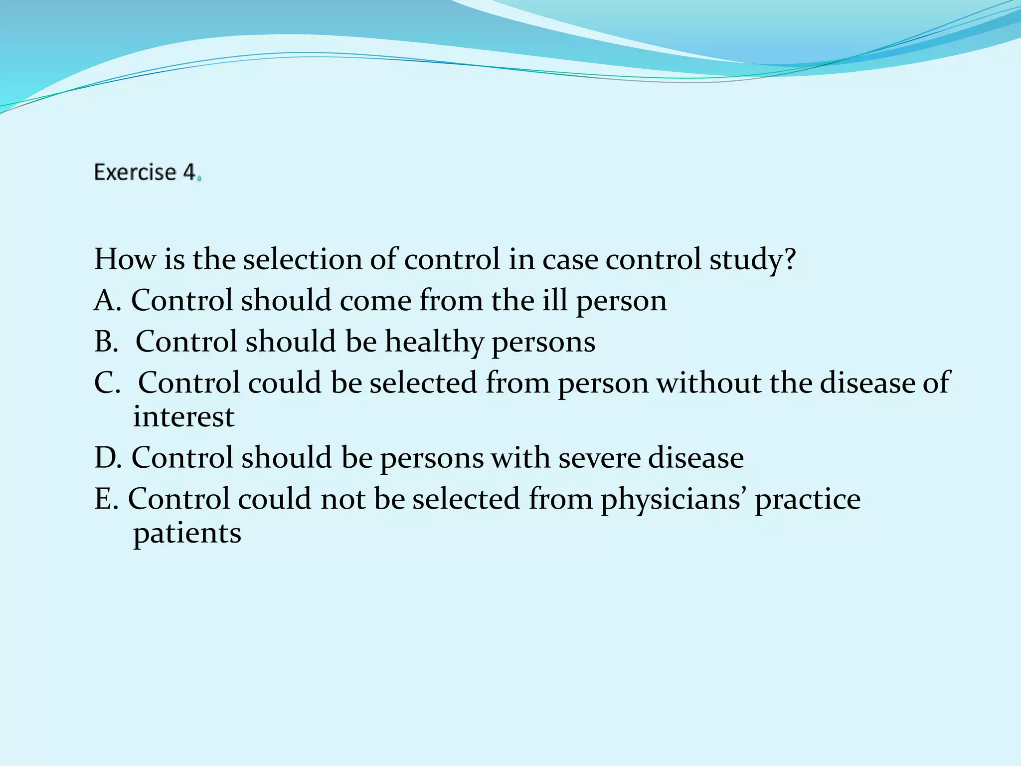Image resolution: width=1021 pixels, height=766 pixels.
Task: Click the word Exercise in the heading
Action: (x=135, y=173)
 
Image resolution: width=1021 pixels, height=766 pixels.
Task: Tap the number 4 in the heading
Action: (x=189, y=173)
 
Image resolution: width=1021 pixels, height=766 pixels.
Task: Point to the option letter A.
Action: (x=106, y=301)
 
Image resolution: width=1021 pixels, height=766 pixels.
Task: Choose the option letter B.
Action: (x=104, y=342)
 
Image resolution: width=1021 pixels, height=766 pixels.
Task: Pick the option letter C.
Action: (x=105, y=383)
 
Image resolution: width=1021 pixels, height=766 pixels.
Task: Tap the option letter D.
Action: (x=106, y=458)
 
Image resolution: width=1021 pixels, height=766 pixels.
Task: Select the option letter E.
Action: (x=104, y=499)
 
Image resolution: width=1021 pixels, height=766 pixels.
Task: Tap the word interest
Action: (x=183, y=417)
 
